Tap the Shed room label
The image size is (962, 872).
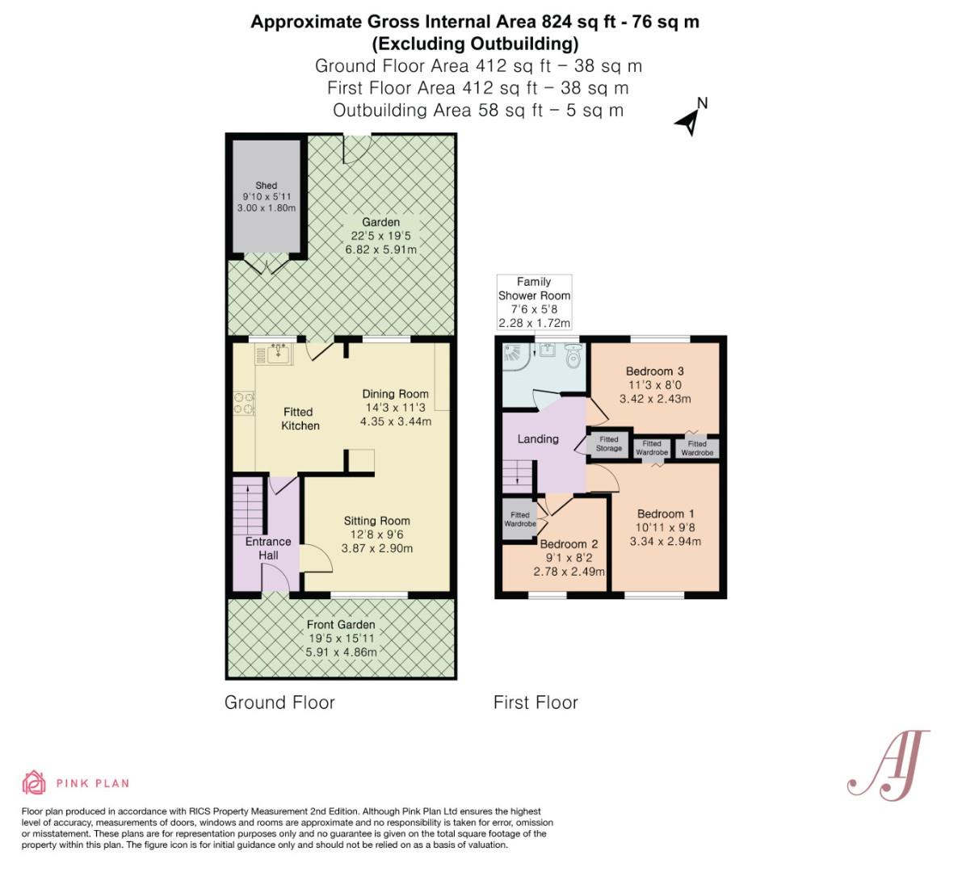266,186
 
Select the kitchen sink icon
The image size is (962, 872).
278,354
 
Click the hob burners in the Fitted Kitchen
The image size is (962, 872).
242,403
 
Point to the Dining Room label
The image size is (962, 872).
395,394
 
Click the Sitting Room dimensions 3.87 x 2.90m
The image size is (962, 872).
376,548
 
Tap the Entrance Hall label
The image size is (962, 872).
268,548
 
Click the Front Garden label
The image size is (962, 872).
340,624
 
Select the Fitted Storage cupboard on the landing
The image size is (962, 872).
609,444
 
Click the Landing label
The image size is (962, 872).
537,439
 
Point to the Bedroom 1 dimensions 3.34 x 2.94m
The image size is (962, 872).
665,541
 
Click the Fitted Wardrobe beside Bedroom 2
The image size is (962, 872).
519,519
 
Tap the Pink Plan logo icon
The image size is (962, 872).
34,782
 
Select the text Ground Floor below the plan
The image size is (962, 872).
279,702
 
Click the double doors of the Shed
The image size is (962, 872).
263,263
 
